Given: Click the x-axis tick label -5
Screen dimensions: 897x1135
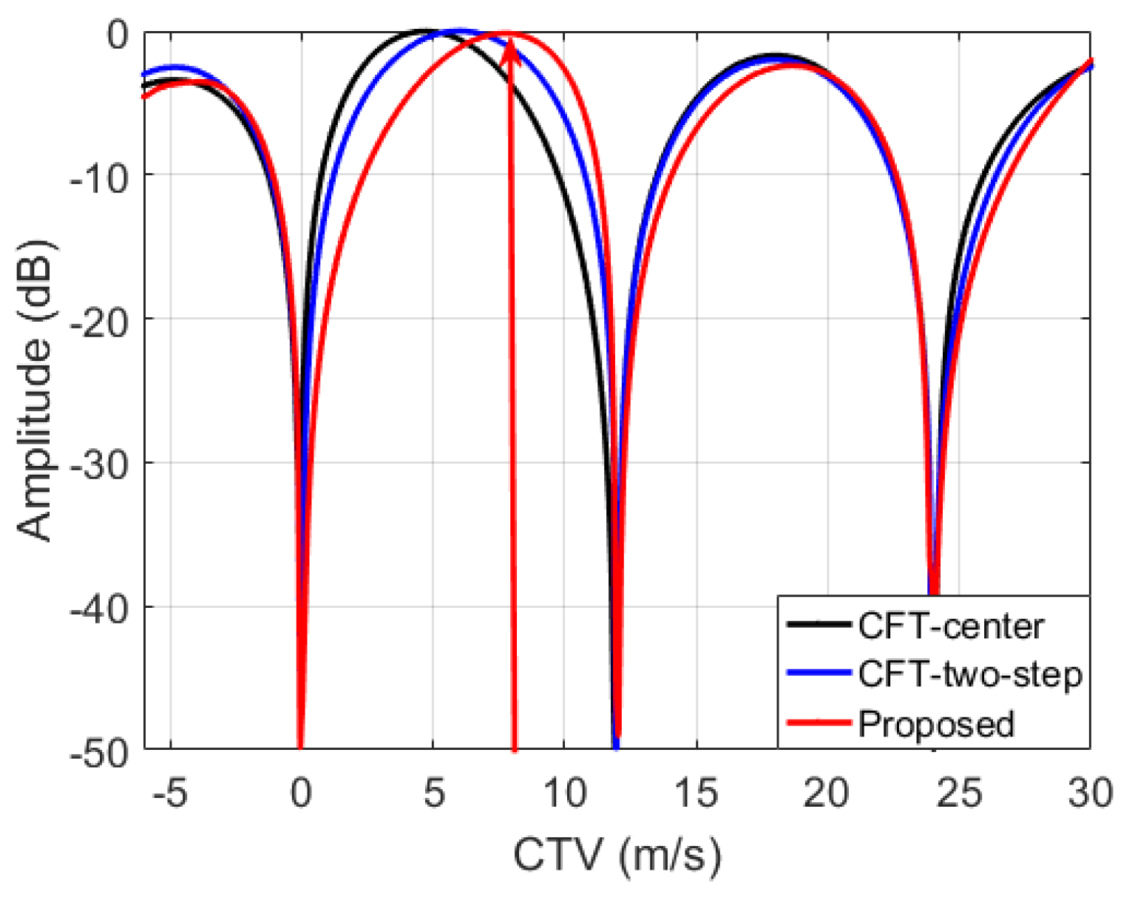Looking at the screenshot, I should coord(170,793).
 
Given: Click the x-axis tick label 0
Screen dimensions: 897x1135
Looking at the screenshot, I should coord(300,793).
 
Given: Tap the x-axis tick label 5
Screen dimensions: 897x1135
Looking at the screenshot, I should coord(433,793).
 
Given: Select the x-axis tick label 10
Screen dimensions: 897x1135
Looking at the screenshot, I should coord(565,793).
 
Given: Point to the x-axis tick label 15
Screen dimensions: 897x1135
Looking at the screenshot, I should coord(697,793).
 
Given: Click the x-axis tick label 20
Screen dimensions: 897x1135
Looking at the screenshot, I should coord(826,793).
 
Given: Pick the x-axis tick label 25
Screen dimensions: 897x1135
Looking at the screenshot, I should coord(958,793).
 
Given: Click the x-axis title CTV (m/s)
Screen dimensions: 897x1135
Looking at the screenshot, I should coord(617,855).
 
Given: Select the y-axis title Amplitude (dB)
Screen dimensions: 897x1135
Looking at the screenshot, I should coord(35,390).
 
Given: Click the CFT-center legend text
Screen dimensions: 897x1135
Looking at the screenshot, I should coord(950,626).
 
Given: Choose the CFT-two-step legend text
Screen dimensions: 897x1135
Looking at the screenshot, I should coord(969,674).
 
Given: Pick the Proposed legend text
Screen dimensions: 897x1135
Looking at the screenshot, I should coord(935,724).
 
